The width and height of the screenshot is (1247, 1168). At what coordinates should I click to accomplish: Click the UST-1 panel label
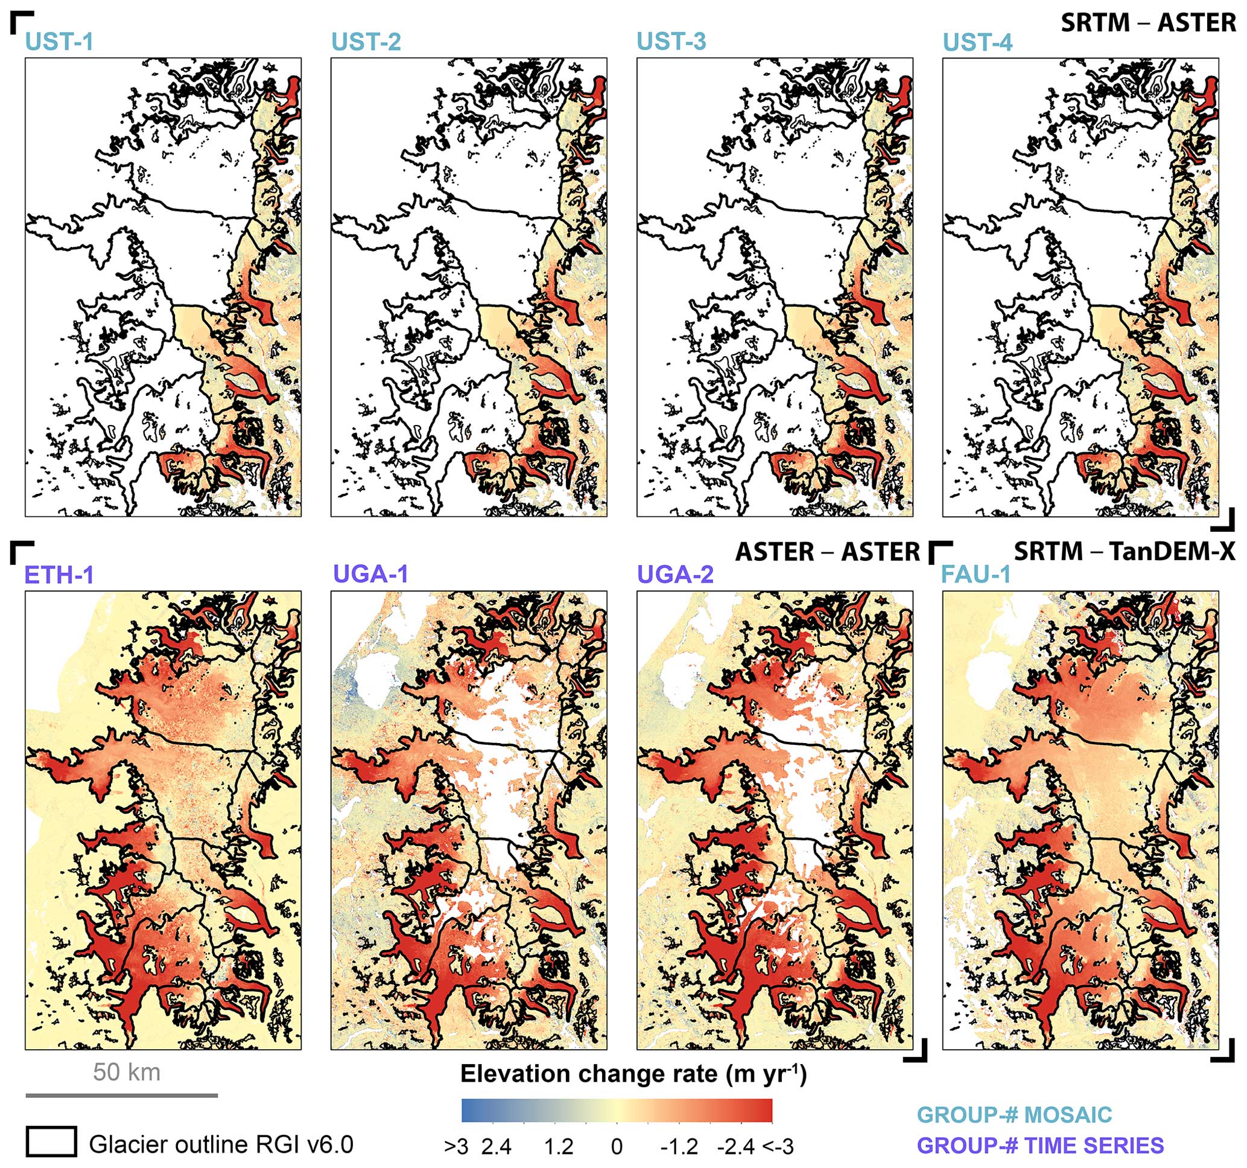click(59, 42)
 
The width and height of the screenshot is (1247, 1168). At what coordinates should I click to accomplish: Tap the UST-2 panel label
click(366, 42)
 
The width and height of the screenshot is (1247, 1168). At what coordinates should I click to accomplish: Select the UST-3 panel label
click(671, 42)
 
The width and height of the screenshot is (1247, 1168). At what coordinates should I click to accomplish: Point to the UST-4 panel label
click(977, 42)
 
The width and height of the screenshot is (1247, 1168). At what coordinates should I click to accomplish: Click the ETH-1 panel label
click(59, 575)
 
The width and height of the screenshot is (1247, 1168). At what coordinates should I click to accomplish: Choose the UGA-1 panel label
click(370, 573)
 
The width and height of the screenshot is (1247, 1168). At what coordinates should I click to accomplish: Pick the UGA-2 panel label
click(676, 573)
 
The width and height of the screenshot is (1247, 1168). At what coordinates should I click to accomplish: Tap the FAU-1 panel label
click(976, 573)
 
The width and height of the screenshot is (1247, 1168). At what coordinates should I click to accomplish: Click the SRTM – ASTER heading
click(1148, 23)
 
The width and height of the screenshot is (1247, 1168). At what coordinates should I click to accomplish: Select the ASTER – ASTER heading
click(827, 552)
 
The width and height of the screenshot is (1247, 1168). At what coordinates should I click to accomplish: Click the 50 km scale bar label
click(127, 1071)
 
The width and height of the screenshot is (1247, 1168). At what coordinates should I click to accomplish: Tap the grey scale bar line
click(122, 1095)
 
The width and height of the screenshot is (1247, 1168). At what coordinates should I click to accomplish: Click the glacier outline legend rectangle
click(51, 1141)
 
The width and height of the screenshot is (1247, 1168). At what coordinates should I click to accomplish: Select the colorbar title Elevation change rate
click(633, 1073)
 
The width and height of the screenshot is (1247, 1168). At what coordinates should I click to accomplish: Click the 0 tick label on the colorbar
click(617, 1147)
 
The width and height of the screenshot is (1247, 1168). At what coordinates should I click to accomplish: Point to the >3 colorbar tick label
click(456, 1147)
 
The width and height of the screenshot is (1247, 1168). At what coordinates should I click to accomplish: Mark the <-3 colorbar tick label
click(778, 1147)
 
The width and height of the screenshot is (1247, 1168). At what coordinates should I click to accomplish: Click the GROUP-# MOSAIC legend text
click(1014, 1115)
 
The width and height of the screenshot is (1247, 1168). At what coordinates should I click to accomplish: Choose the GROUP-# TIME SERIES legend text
click(1040, 1146)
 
